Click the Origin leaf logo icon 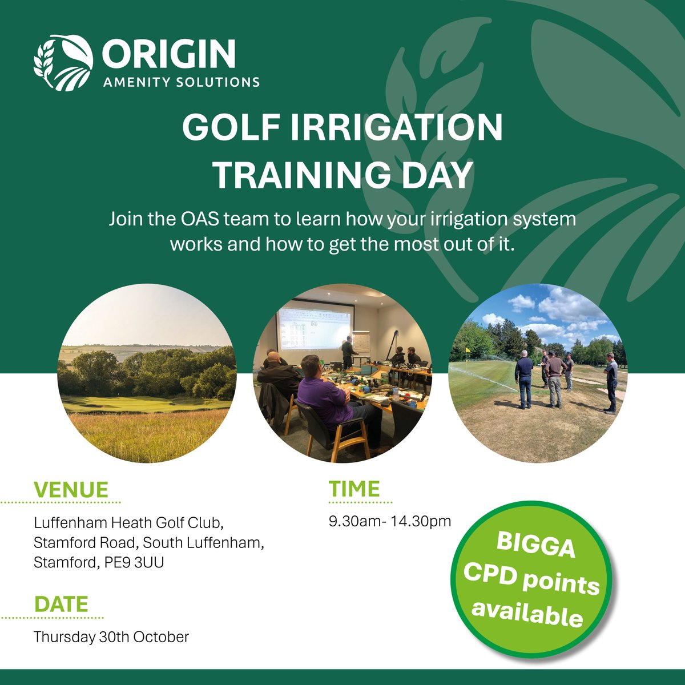tap(63, 63)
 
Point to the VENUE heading tap(71, 490)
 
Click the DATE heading tap(61, 605)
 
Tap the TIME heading tap(354, 489)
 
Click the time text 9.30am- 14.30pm tap(390, 521)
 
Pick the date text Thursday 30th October tap(111, 636)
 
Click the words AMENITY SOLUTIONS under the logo tap(182, 82)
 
